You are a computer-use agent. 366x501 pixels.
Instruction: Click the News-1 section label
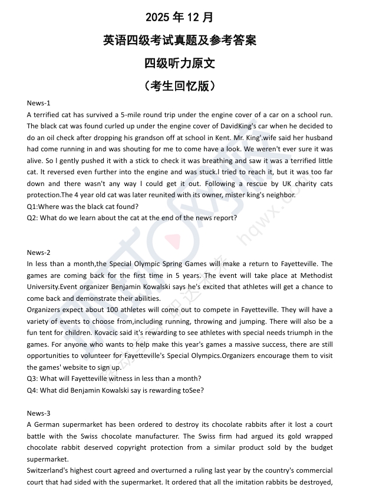pyautogui.click(x=39, y=103)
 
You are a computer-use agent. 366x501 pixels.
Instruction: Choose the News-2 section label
pyautogui.click(x=39, y=253)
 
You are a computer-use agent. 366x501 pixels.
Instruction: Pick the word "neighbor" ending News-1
pyautogui.click(x=279, y=195)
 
